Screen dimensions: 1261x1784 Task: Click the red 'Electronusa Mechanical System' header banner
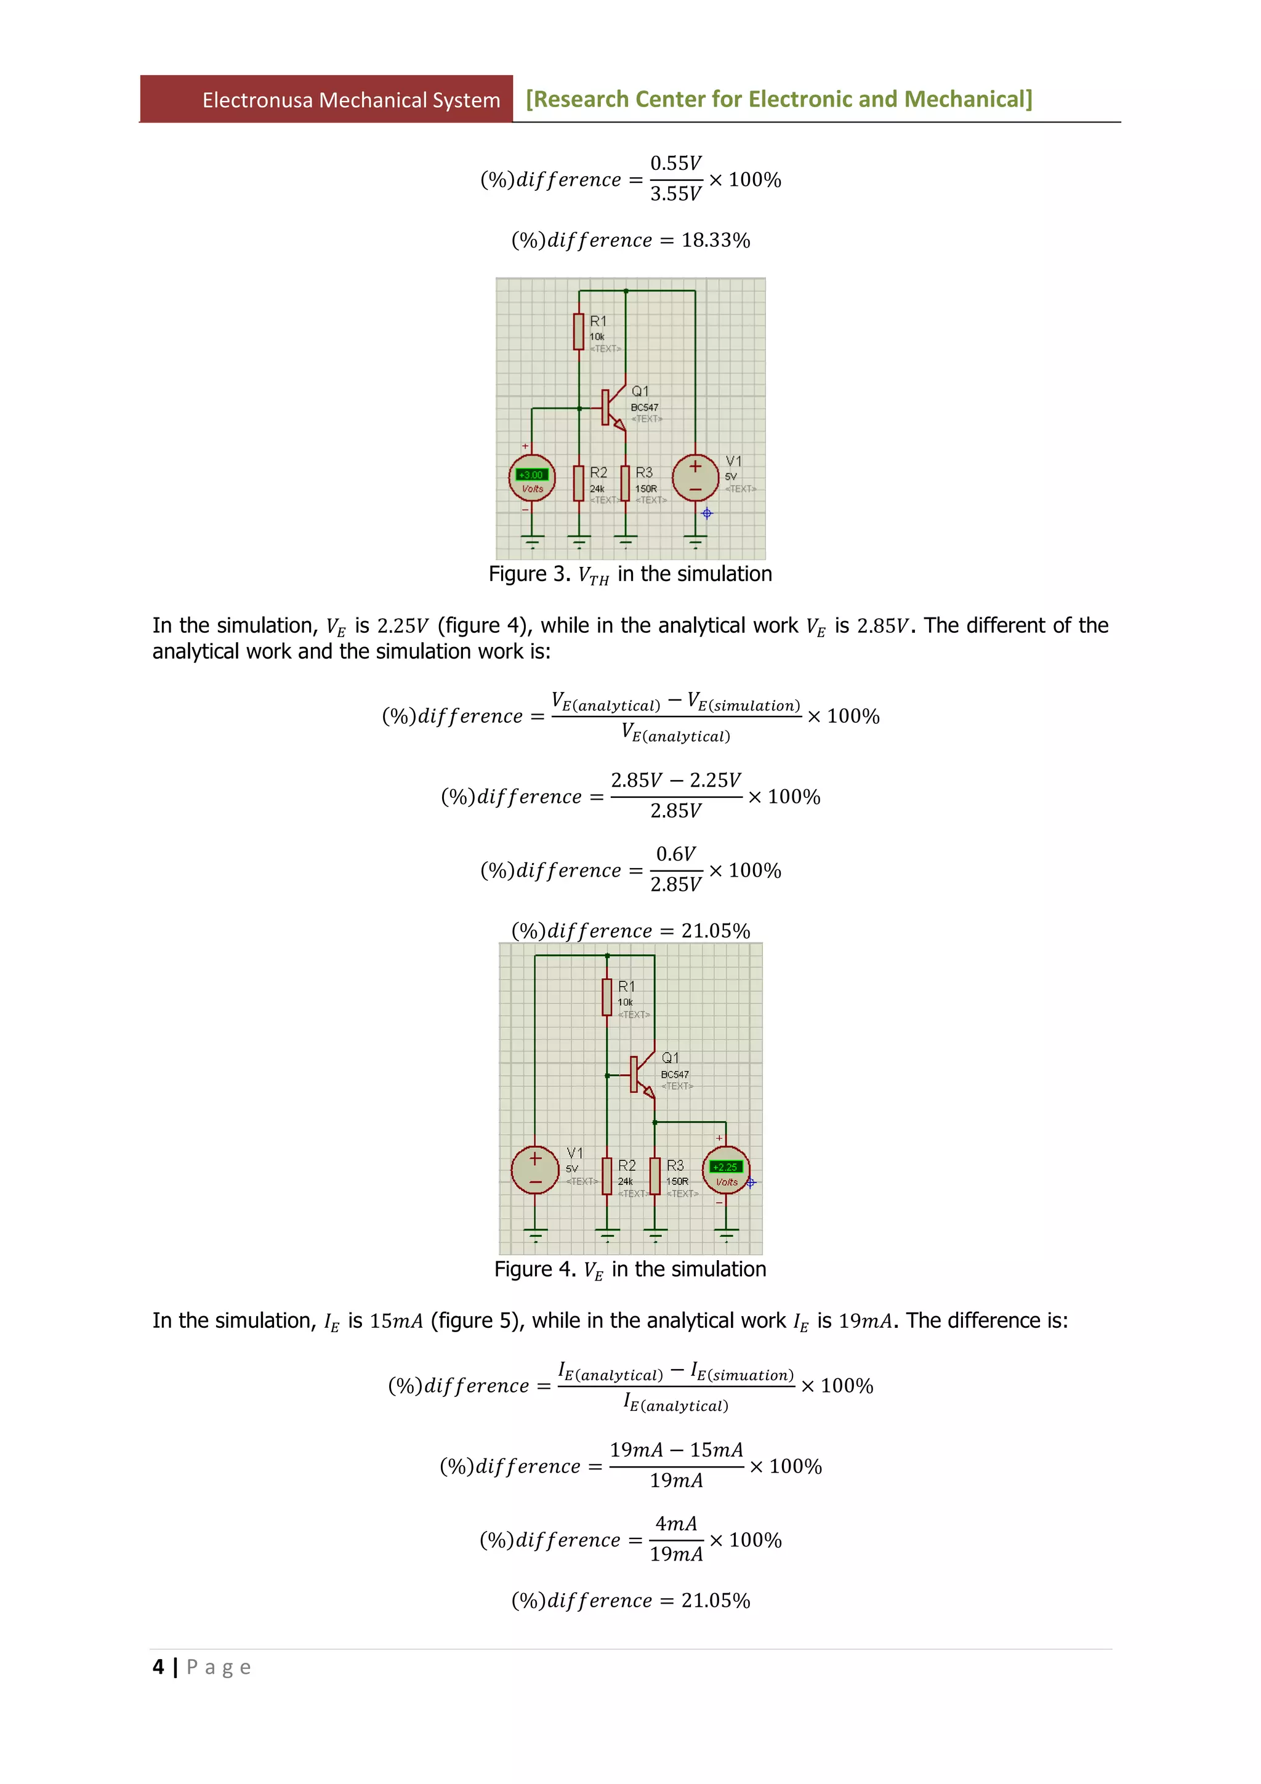click(326, 100)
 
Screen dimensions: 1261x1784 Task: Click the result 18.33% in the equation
click(715, 240)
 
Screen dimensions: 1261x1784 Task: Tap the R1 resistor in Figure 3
click(578, 332)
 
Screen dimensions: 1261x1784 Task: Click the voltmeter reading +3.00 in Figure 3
click(531, 475)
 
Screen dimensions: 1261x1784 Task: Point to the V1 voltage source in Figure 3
click(695, 478)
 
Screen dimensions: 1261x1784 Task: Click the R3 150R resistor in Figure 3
click(626, 483)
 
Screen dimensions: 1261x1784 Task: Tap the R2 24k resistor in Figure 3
click(578, 483)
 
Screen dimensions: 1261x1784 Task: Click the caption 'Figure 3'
click(528, 574)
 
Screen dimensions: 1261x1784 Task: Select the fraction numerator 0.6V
click(675, 854)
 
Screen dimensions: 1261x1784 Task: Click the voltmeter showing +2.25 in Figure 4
click(726, 1167)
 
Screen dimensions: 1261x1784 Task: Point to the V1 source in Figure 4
click(535, 1170)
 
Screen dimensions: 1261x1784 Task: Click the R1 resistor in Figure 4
click(607, 997)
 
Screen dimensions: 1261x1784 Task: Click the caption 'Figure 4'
click(534, 1269)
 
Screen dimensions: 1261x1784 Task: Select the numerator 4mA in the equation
click(675, 1524)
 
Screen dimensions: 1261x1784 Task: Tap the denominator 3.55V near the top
click(675, 193)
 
